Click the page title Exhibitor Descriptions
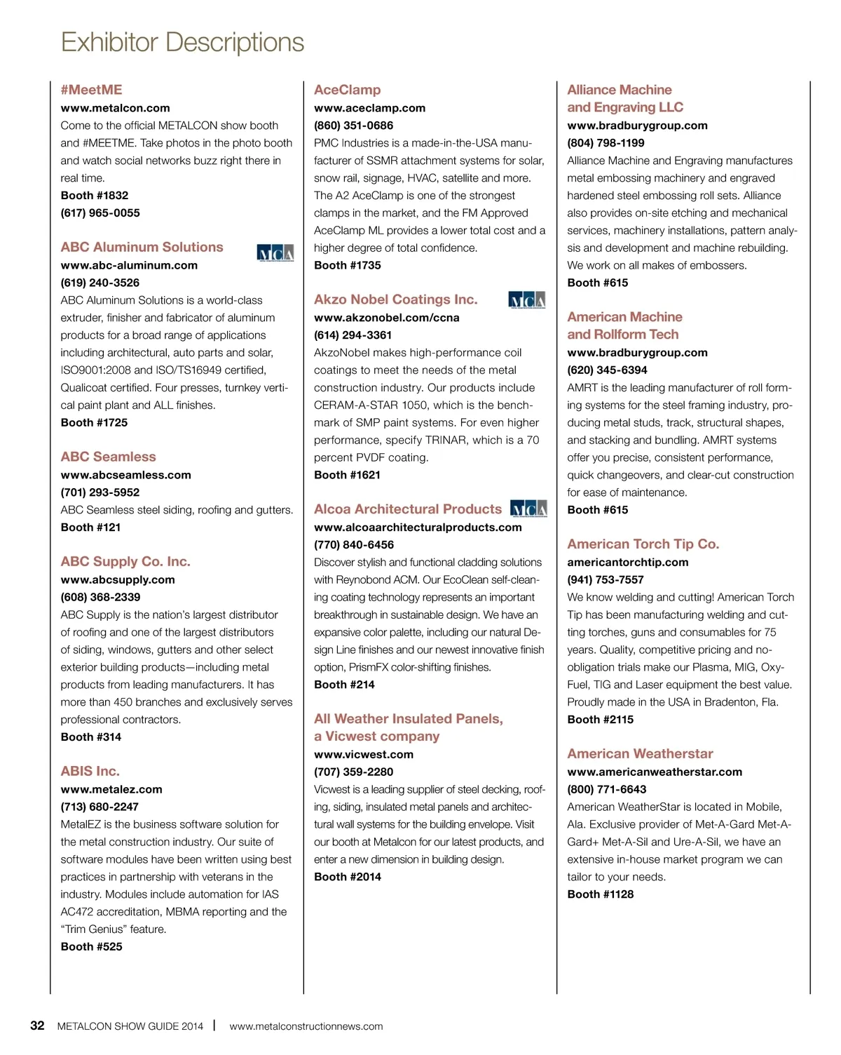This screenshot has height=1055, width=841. [x=182, y=43]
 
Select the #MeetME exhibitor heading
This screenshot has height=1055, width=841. [x=91, y=90]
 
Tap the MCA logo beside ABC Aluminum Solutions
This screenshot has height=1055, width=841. [x=275, y=253]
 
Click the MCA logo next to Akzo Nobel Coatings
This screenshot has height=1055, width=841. [x=526, y=300]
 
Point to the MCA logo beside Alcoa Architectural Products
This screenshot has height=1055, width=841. [x=528, y=509]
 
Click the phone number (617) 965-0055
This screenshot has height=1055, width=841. [x=100, y=213]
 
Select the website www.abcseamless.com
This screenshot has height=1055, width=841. [x=125, y=475]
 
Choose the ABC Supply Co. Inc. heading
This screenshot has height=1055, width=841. [x=125, y=562]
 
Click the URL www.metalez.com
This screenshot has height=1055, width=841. [x=111, y=790]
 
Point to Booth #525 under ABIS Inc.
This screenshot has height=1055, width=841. [x=91, y=947]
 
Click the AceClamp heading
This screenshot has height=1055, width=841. [x=347, y=90]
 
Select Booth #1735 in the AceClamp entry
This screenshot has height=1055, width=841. [x=348, y=266]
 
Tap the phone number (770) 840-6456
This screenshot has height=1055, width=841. [x=354, y=545]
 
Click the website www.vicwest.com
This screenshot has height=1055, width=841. [x=364, y=755]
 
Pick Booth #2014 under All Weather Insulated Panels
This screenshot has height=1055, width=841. [x=348, y=877]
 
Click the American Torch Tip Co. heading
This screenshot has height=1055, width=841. [x=643, y=544]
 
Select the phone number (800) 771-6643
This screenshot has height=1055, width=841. [x=607, y=790]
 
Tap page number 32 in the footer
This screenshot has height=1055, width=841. [x=37, y=1026]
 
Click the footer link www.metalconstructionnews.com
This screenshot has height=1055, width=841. [x=306, y=1026]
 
